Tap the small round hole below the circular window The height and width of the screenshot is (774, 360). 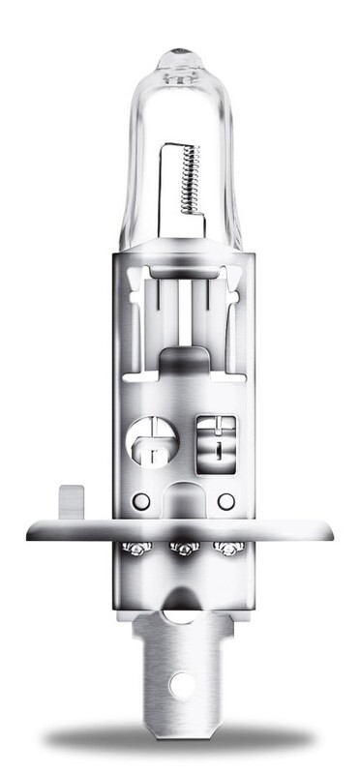[x=142, y=501]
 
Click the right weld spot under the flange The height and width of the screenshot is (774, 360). [x=228, y=550]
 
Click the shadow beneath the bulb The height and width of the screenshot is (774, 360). [x=180, y=740]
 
